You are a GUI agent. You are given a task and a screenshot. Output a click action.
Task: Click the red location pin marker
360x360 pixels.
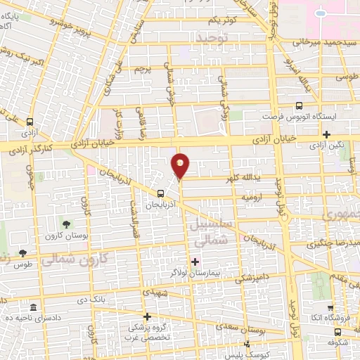[181, 165]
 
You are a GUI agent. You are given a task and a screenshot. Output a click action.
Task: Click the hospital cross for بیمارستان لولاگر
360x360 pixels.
[195, 262]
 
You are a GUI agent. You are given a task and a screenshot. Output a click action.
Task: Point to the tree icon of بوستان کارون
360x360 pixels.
[65, 224]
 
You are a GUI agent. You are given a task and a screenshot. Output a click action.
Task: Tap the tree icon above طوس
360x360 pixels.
[23, 252]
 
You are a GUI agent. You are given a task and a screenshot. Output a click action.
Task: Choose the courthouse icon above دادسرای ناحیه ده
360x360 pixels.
[33, 307]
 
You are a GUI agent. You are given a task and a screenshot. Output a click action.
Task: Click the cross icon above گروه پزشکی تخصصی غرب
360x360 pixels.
[147, 317]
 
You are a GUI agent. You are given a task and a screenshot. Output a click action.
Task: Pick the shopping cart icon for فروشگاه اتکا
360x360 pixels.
[330, 307]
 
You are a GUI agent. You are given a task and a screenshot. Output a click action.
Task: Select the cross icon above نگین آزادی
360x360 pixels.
[326, 134]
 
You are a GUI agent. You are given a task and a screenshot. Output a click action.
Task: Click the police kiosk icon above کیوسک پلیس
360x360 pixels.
[247, 344]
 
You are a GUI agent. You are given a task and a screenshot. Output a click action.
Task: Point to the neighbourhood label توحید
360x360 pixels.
[213, 37]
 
